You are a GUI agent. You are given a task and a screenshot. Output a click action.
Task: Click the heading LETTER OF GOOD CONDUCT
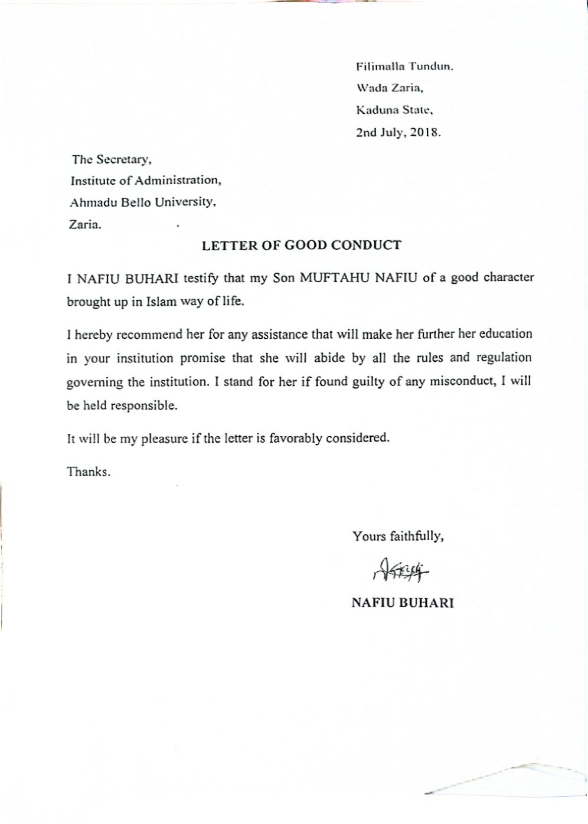point(301,246)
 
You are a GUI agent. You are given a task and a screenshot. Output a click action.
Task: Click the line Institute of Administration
point(146,180)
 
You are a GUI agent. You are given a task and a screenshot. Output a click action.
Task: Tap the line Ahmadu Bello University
point(143,202)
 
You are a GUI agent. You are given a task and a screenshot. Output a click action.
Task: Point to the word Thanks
point(89,472)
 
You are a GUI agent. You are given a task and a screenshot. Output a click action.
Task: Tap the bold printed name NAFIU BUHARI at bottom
point(402,603)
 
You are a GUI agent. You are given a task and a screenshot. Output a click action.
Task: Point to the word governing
point(95,382)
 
